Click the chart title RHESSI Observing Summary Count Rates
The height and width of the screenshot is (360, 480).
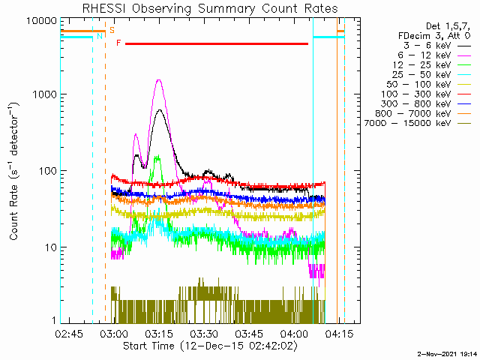tap(210, 8)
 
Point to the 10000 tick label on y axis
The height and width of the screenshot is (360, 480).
tap(42, 21)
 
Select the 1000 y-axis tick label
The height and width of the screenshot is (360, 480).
tap(45, 94)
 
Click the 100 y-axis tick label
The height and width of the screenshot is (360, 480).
tap(48, 171)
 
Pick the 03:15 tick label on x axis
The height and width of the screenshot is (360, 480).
tap(159, 334)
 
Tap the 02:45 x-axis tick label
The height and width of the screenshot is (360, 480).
tap(69, 334)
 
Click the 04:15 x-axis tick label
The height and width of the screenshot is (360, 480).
tap(339, 334)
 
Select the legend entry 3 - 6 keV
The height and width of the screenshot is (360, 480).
tap(427, 46)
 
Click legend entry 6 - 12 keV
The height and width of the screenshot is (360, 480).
tap(424, 55)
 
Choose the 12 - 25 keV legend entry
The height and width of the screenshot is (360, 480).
tap(421, 65)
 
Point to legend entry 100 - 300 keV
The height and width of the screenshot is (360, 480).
tap(415, 94)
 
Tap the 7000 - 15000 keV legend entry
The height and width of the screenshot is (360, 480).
tap(407, 123)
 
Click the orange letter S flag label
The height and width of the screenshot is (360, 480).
tap(112, 30)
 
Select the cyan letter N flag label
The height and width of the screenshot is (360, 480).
tap(100, 37)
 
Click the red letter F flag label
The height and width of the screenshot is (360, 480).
tap(118, 43)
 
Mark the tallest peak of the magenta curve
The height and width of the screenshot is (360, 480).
tap(159, 80)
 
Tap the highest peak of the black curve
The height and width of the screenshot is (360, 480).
tap(159, 110)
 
